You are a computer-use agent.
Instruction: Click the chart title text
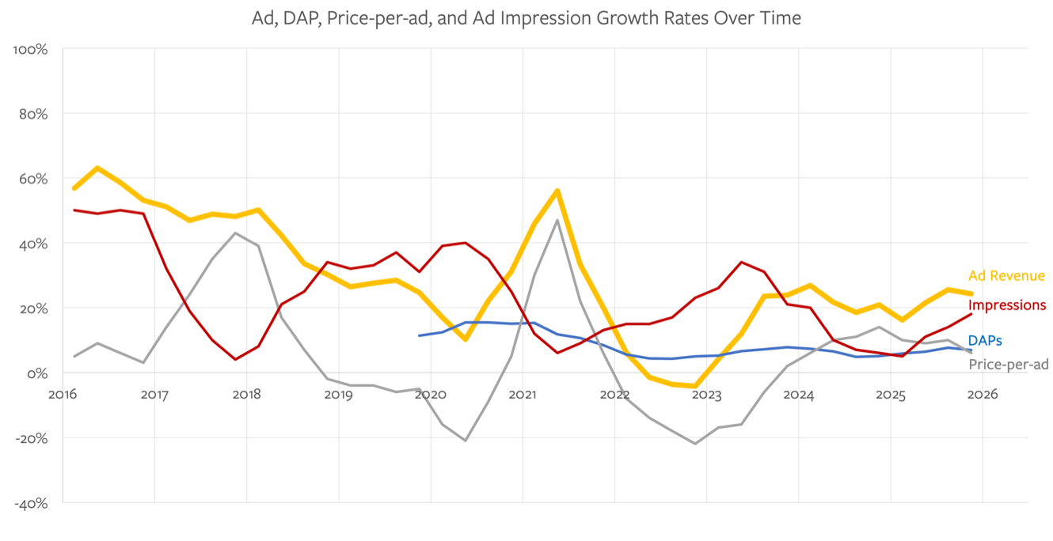526,18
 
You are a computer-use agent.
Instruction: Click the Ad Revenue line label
1006,276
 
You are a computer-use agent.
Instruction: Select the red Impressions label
1006,305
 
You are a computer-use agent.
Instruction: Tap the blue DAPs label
985,341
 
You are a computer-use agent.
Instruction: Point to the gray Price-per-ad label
1009,365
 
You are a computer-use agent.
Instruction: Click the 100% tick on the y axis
32,49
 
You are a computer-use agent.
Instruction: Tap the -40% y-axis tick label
32,503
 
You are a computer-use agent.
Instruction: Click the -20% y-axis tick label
32,438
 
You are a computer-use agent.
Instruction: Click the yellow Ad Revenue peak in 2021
557,191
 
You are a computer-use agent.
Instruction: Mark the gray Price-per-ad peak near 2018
236,233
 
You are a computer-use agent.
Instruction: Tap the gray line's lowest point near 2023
695,444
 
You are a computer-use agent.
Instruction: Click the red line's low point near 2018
236,359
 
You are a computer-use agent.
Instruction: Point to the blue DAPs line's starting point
420,335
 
